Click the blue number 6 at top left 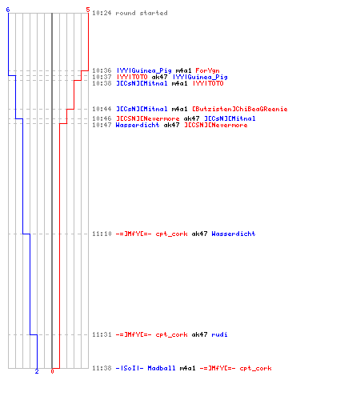point(8,10)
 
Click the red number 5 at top point(88,10)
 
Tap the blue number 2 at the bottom point(37,371)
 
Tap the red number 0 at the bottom point(52,371)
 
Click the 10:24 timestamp point(102,13)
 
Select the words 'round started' point(142,13)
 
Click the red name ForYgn point(207,70)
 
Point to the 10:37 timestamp point(102,77)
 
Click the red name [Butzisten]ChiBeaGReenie point(240,109)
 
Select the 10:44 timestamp point(102,109)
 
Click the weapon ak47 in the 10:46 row point(191,118)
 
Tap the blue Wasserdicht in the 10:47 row point(138,125)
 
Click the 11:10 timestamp point(102,234)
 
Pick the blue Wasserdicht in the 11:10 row point(234,234)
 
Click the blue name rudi point(219,334)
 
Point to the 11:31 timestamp point(102,334)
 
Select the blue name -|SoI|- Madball point(146,368)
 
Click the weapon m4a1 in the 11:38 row point(187,368)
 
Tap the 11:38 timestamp point(102,368)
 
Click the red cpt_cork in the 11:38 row point(255,369)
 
